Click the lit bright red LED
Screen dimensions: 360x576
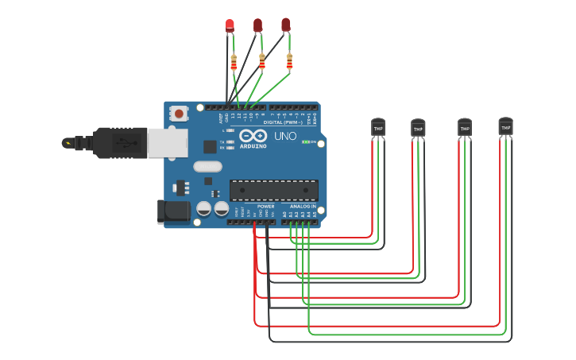coord(230,25)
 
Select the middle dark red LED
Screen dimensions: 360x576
coord(257,25)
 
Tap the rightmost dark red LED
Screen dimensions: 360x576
coord(285,25)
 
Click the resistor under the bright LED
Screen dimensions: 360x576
coord(234,62)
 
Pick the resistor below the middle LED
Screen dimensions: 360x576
coord(261,62)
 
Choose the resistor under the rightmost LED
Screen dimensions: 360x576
coord(289,62)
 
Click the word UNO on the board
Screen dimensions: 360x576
coord(285,136)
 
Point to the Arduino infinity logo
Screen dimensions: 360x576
coord(253,135)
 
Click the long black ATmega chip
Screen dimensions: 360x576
coord(274,190)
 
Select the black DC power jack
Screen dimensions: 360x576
coord(173,211)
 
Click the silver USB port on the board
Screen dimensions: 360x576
coord(168,142)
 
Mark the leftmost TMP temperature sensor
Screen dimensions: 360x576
coord(377,127)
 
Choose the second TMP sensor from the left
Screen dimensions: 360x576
coord(418,128)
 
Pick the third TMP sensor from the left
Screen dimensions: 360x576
coord(465,127)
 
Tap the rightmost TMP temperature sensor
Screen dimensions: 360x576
coord(505,126)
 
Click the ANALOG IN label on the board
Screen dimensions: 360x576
coord(303,207)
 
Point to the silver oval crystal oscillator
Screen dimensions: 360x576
coord(207,166)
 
